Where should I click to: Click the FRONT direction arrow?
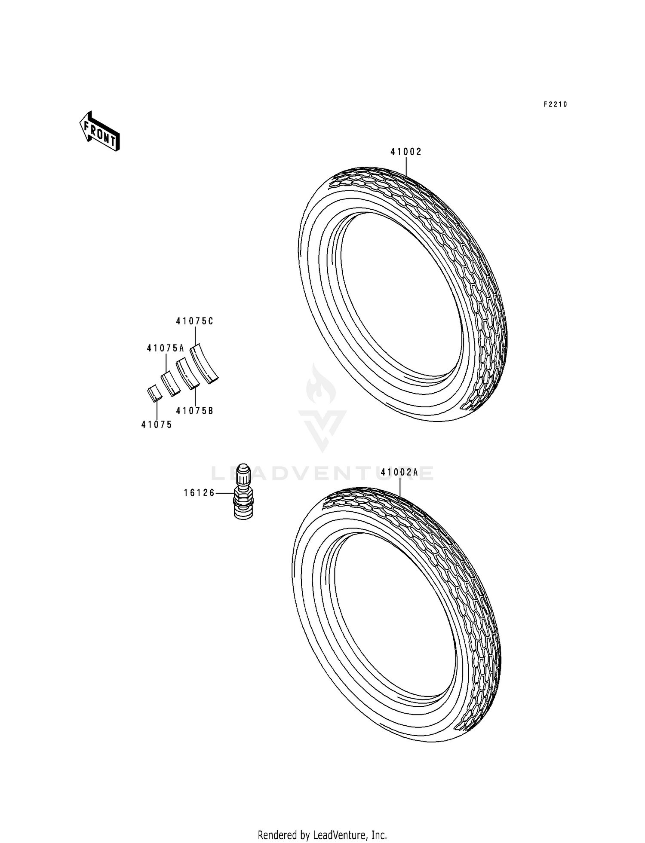click(x=99, y=131)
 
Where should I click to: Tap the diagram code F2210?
click(x=555, y=104)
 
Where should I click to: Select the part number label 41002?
click(x=406, y=152)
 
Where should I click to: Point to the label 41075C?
click(x=194, y=321)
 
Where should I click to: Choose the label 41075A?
click(x=166, y=348)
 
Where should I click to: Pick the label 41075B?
click(x=195, y=411)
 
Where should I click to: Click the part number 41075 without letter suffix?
click(x=157, y=425)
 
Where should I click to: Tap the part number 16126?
click(x=200, y=493)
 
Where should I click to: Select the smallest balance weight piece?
click(x=154, y=393)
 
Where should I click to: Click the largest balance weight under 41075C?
click(x=204, y=363)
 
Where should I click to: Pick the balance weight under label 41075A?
click(x=171, y=384)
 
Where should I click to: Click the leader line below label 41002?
click(x=406, y=165)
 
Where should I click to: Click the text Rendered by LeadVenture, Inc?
click(x=322, y=835)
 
